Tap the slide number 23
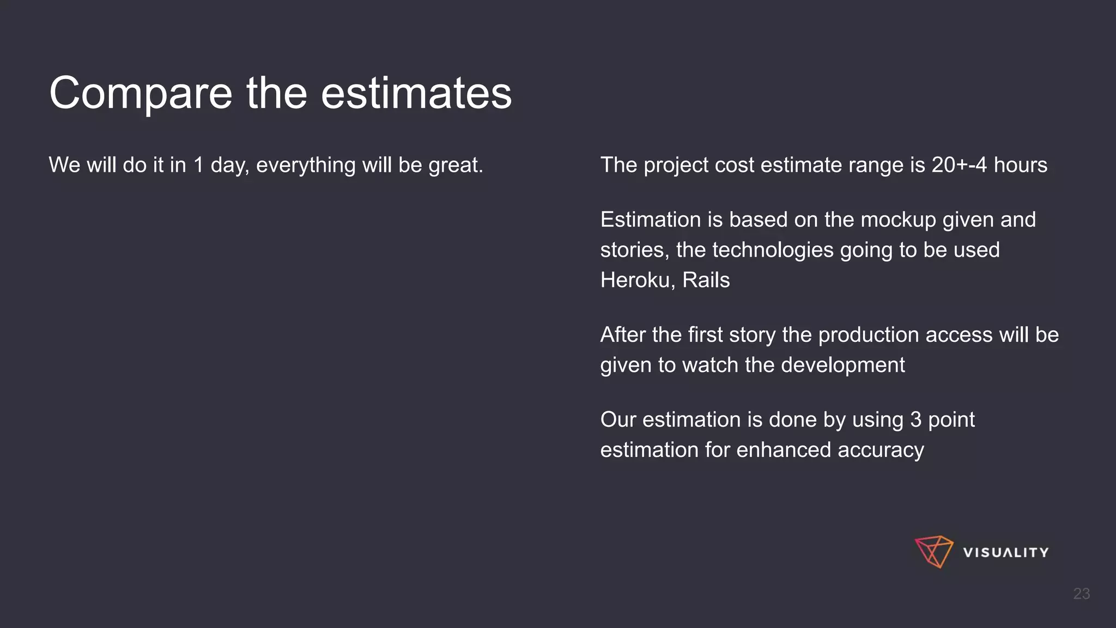click(1081, 594)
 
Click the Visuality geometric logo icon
click(933, 552)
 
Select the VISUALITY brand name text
click(1005, 553)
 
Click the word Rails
click(706, 280)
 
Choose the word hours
click(1020, 165)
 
